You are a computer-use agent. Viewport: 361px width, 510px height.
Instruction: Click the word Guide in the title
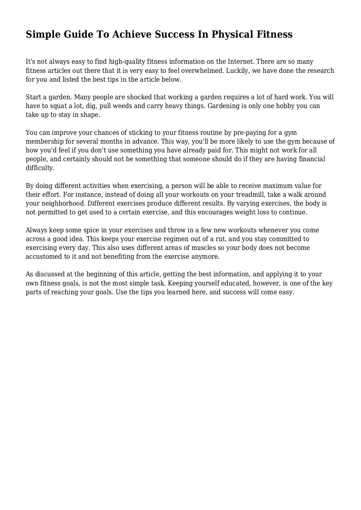pyautogui.click(x=75, y=34)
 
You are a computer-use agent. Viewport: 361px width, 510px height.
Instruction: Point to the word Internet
pyautogui.click(x=239, y=62)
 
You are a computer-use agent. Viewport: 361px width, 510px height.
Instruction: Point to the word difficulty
pyautogui.click(x=40, y=168)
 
